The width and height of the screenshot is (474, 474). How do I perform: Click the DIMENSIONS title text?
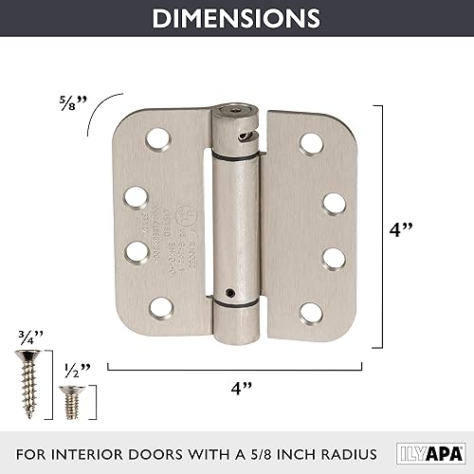click(237, 18)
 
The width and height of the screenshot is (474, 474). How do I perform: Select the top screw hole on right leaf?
click(308, 141)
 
